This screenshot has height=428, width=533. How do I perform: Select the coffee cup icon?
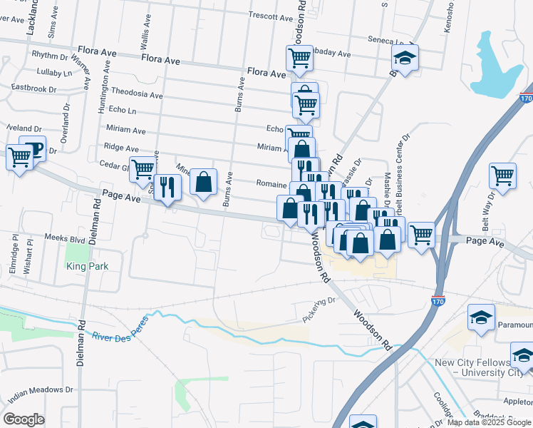(x=33, y=148)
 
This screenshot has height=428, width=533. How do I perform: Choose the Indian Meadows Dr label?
(x=41, y=392)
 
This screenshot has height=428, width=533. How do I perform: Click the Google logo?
(x=24, y=419)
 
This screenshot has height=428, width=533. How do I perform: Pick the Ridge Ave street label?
(x=121, y=148)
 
